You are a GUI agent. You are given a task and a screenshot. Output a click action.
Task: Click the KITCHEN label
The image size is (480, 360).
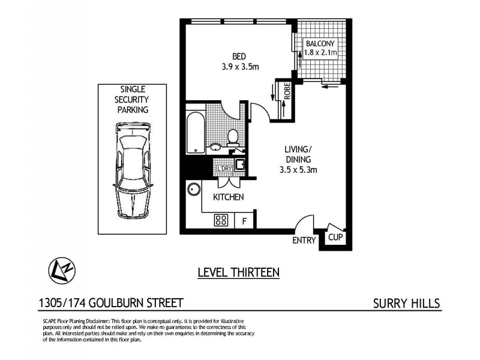pos(229,197)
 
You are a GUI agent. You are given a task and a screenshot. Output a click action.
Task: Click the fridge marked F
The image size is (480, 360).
pos(244,220)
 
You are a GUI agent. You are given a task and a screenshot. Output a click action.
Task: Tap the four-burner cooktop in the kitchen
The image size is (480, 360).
pos(220,220)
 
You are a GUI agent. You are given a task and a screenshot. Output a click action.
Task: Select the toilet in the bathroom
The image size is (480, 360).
pos(235,137)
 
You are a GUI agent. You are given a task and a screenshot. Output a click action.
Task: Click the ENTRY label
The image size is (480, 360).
pos(304,241)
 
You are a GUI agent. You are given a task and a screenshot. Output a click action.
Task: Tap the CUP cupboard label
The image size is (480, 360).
pos(335,238)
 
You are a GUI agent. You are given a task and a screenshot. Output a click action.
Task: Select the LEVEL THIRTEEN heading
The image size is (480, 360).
pos(239,272)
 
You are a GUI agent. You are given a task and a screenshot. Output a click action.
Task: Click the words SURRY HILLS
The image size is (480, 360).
pos(406,303)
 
